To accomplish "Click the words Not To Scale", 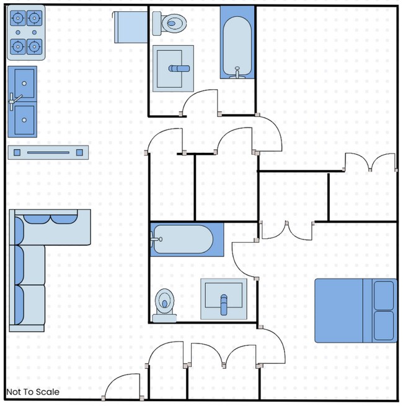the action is (x=33, y=392).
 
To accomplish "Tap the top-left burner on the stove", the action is (x=18, y=18).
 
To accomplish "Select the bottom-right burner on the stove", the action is (x=34, y=47).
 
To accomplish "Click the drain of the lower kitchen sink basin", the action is (x=24, y=120).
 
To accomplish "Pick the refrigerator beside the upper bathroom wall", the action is (x=130, y=27).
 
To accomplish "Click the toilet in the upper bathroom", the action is (x=169, y=24).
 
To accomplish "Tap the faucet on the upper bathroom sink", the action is (x=179, y=69).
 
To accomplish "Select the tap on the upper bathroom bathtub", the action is (x=237, y=73).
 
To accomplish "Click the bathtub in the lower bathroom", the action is (x=187, y=240).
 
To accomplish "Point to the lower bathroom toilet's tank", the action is (x=164, y=318).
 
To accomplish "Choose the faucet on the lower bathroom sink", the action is (x=224, y=304).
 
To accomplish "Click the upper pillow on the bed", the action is (x=384, y=295).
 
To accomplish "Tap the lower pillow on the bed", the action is (x=384, y=326).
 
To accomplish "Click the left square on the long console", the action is (x=17, y=152).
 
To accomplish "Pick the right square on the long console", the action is (x=79, y=152).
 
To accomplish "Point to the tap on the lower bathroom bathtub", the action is (x=156, y=239).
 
